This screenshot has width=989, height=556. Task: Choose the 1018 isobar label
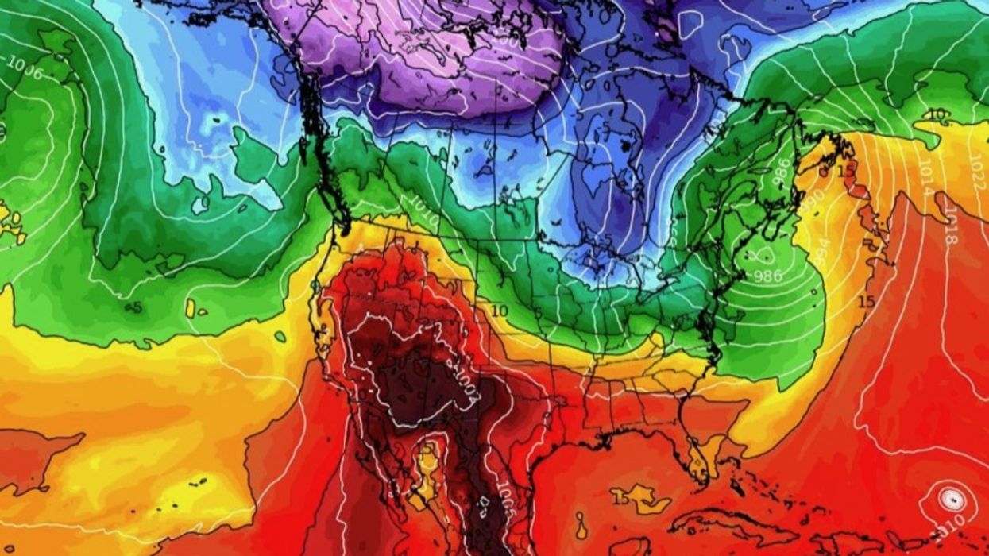[949, 230]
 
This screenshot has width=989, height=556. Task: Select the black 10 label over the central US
[499, 311]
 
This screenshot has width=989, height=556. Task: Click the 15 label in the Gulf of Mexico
[620, 499]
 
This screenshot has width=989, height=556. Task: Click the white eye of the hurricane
[952, 500]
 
